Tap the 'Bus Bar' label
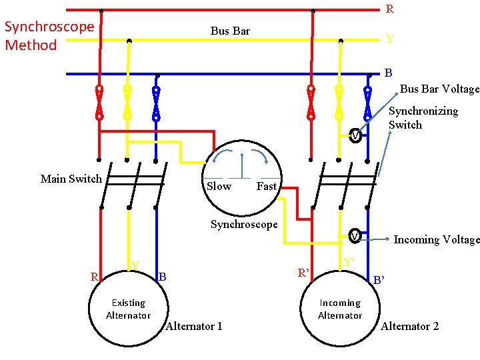230,31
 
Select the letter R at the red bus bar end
390,9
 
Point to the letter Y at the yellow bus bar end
389,39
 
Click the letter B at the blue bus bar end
388,72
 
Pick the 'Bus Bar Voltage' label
439,89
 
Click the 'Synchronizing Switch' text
423,117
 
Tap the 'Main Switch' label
71,179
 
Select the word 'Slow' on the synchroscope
219,186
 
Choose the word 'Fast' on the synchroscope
266,187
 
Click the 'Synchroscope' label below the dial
244,224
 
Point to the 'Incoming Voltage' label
437,239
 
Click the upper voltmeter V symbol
356,136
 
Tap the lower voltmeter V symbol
356,236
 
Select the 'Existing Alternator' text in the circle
128,309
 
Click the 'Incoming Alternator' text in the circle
340,309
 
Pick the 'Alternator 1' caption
194,326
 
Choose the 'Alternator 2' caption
409,326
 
